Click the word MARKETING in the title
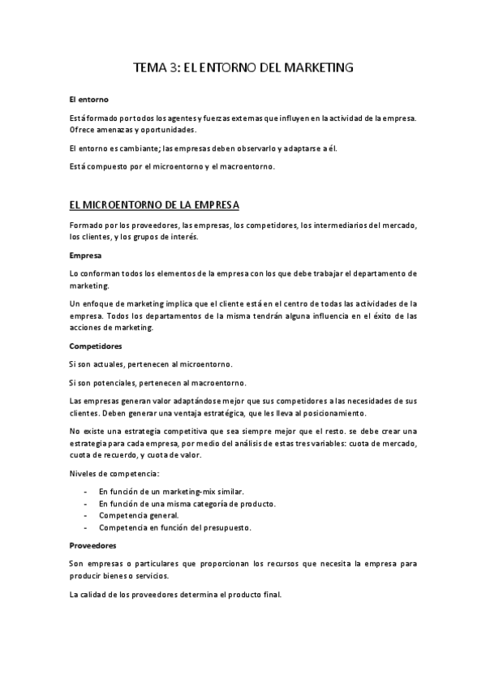(313, 69)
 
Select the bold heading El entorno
(88, 100)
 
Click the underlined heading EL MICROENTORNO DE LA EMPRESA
(154, 204)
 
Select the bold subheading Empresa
(85, 255)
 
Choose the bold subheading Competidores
(96, 346)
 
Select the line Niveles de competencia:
(114, 473)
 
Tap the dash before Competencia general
(87, 515)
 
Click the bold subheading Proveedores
(93, 545)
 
